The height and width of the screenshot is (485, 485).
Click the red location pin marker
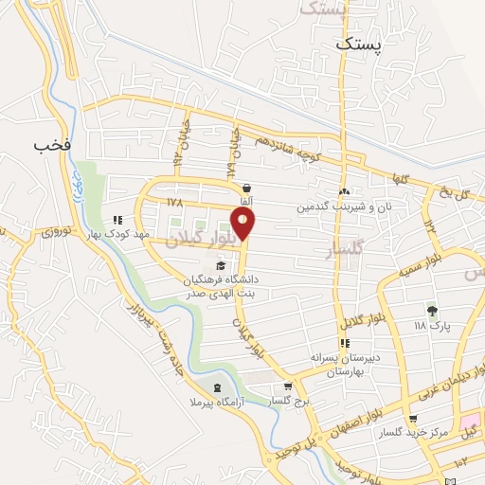point(244,225)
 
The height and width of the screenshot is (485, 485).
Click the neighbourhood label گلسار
point(344,251)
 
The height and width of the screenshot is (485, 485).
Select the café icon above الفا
point(246,188)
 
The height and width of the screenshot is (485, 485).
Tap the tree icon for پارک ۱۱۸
point(432,310)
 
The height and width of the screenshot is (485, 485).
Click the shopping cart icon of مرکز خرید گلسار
point(412,420)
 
